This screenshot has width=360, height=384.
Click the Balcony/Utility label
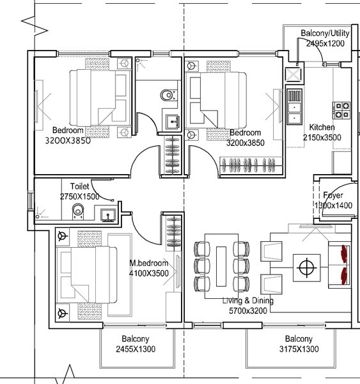[x=325, y=33]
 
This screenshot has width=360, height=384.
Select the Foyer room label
[x=333, y=196]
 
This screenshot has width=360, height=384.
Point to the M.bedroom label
[x=149, y=263]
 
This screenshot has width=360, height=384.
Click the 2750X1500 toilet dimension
[x=80, y=196]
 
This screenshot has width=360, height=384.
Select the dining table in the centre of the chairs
[x=221, y=265]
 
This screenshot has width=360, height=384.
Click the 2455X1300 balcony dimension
[x=136, y=349]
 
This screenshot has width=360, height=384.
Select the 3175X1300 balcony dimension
[x=299, y=349]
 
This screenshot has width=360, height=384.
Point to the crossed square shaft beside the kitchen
[x=293, y=74]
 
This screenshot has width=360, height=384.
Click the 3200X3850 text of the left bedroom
[x=68, y=141]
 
